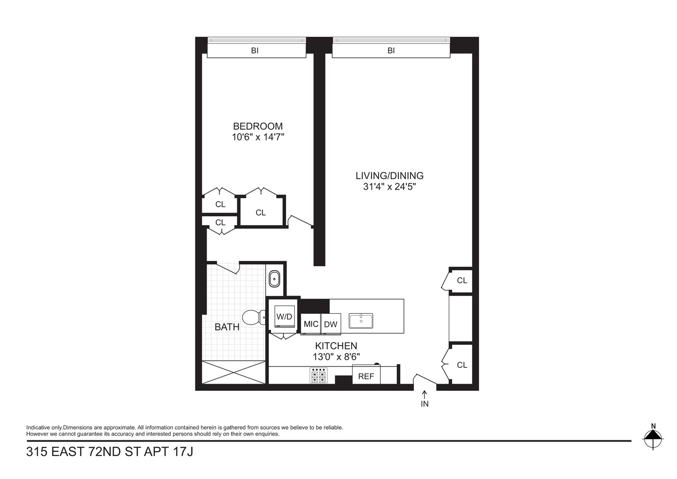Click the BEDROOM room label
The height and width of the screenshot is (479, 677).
click(x=257, y=126)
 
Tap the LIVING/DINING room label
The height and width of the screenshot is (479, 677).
click(x=389, y=176)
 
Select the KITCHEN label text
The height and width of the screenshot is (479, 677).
click(x=336, y=346)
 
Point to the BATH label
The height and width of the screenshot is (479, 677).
click(x=227, y=327)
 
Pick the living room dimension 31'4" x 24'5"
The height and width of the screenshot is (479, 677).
click(x=389, y=187)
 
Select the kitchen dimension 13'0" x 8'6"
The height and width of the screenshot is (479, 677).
click(x=336, y=357)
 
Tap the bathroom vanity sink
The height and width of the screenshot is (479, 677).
click(x=275, y=278)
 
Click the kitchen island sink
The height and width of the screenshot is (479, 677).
click(x=361, y=320)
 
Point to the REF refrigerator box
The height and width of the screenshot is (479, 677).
click(x=366, y=376)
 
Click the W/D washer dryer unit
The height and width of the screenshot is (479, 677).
click(x=284, y=317)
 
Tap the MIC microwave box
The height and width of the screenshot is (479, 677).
click(x=311, y=324)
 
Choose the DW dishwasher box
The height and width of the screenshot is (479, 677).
click(x=331, y=324)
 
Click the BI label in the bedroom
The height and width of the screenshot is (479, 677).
click(x=255, y=50)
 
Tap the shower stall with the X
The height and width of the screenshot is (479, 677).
click(x=233, y=372)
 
